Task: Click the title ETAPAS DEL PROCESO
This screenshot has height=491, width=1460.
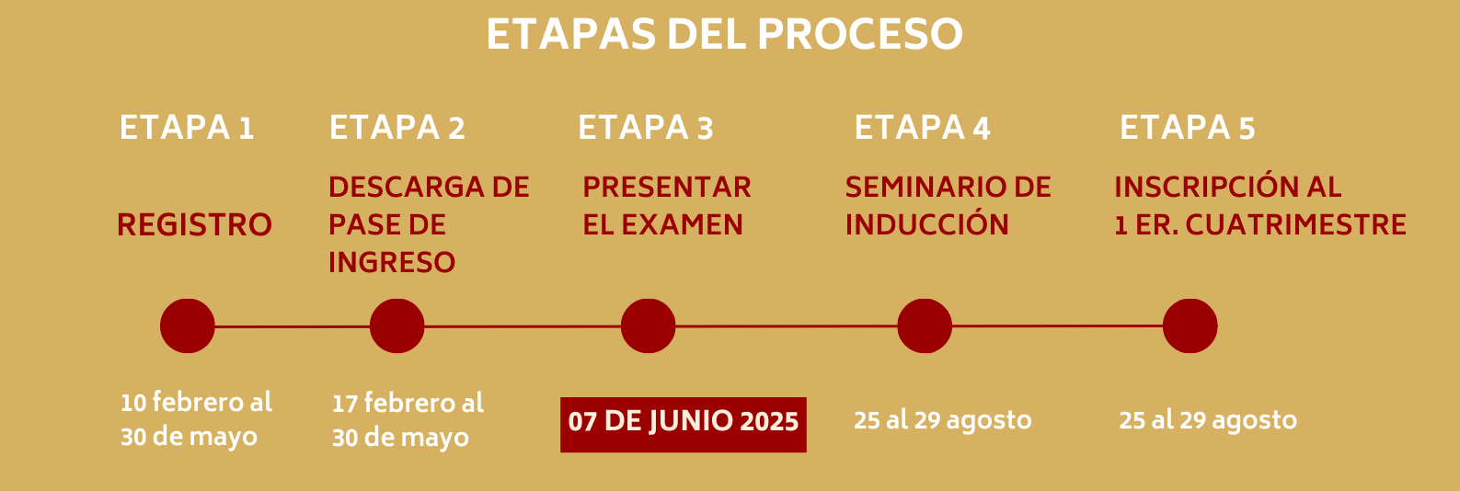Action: coord(724,34)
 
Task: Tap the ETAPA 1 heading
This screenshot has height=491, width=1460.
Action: coord(187,127)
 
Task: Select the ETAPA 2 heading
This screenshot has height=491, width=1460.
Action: coord(397,127)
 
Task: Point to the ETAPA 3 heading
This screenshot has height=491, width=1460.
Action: coord(645,127)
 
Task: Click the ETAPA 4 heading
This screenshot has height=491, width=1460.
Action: coord(923,127)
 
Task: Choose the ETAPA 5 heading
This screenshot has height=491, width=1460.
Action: coord(1187,127)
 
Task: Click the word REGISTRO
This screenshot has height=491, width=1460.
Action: coord(194,225)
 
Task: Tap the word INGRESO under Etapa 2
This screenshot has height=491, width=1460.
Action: coord(392,262)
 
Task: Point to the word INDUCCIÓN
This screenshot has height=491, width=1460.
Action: coord(926,223)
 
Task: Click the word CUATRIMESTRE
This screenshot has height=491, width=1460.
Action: coord(1295,224)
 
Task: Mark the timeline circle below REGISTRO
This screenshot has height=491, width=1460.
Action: coord(187,325)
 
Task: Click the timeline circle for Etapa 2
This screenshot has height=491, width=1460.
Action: coord(397,325)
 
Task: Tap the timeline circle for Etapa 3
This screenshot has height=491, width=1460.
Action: coord(648,325)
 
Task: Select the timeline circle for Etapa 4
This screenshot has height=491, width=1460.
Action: coord(925,325)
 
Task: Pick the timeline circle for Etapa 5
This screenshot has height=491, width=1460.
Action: coord(1190,325)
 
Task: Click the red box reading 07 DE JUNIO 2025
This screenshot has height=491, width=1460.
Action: coord(683,425)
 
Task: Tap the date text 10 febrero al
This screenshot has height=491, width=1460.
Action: coord(196,403)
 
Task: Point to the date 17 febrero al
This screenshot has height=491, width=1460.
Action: coord(408,404)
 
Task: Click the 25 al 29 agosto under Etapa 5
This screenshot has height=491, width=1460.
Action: coord(1208,421)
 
